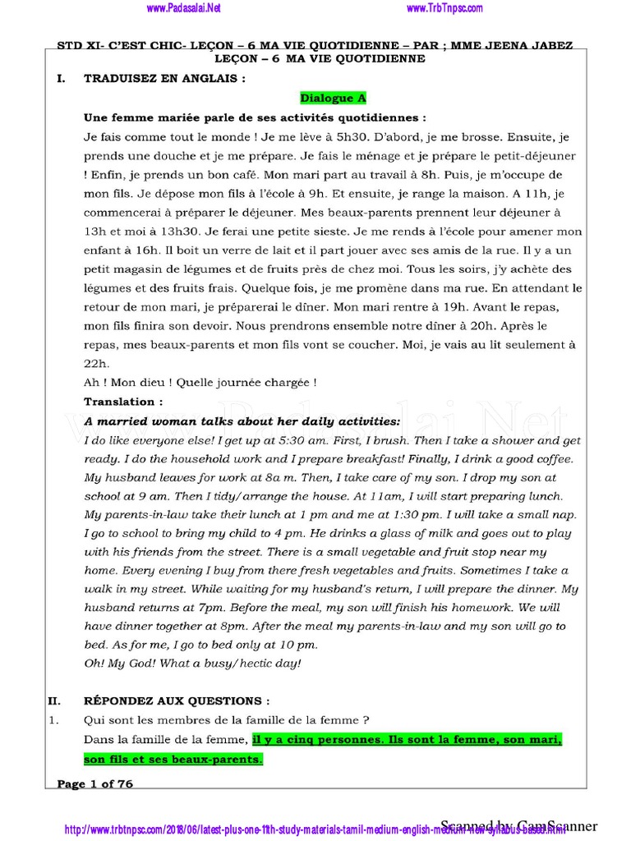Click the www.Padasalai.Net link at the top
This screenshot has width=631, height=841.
pyautogui.click(x=185, y=8)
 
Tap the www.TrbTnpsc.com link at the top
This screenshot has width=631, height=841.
pyautogui.click(x=444, y=8)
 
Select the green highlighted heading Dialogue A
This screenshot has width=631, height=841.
pyautogui.click(x=333, y=98)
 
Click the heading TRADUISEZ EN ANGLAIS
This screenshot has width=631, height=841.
pyautogui.click(x=164, y=80)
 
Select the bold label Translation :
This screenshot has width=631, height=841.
pyautogui.click(x=123, y=402)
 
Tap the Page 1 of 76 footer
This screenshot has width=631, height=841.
pyautogui.click(x=94, y=784)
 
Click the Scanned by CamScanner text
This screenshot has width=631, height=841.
pyautogui.click(x=519, y=825)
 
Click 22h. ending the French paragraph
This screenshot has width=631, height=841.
pyautogui.click(x=96, y=364)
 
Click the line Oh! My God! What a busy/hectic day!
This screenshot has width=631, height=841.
pyautogui.click(x=193, y=663)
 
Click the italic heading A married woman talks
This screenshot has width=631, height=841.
pyautogui.click(x=242, y=421)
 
